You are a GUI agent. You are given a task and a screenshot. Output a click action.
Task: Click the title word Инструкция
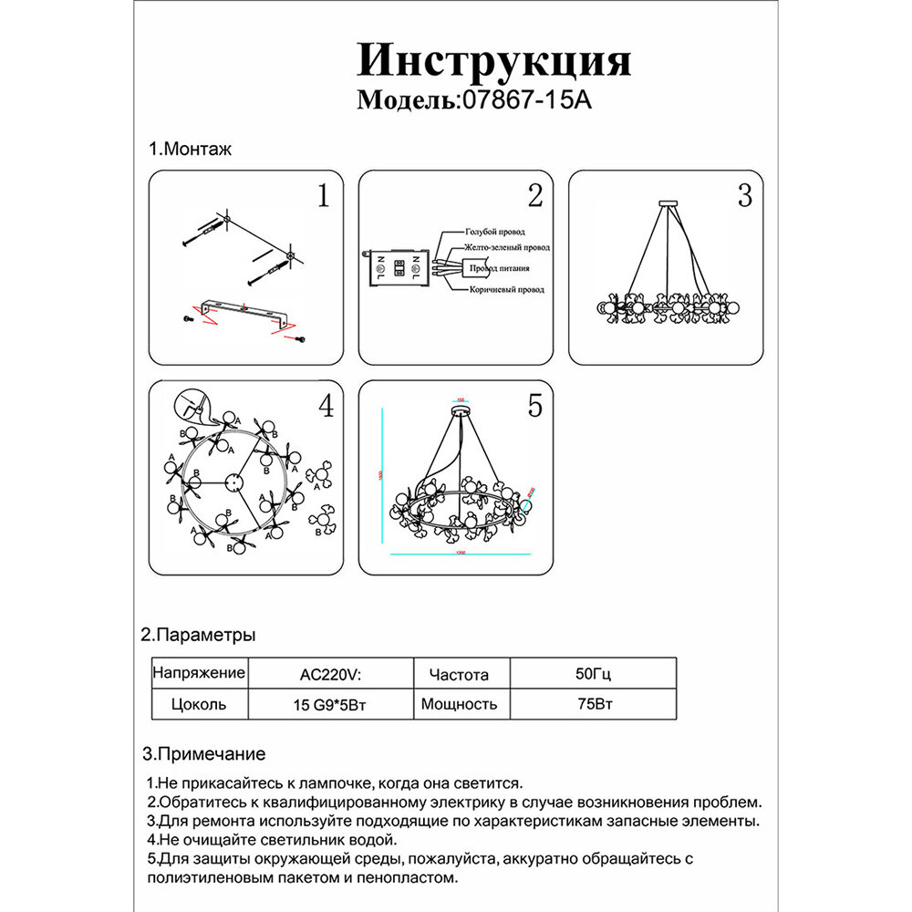coord(493,61)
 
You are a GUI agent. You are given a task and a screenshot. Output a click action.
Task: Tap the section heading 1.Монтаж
coord(190,149)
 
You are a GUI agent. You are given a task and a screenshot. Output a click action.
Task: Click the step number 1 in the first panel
coord(322,196)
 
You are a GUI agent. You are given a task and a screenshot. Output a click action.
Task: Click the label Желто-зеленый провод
coord(507,247)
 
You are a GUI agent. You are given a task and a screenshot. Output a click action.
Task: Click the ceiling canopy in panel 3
coord(668,201)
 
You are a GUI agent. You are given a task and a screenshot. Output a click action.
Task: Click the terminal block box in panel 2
coord(398,268)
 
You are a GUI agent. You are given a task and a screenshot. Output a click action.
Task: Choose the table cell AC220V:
coord(330,676)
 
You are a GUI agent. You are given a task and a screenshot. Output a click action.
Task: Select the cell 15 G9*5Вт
coord(330,704)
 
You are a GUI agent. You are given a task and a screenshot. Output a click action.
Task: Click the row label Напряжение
coord(198,674)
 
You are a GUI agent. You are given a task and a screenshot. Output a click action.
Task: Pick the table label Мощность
coord(460,704)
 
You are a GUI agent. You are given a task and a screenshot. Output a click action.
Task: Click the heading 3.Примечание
coord(204,754)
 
